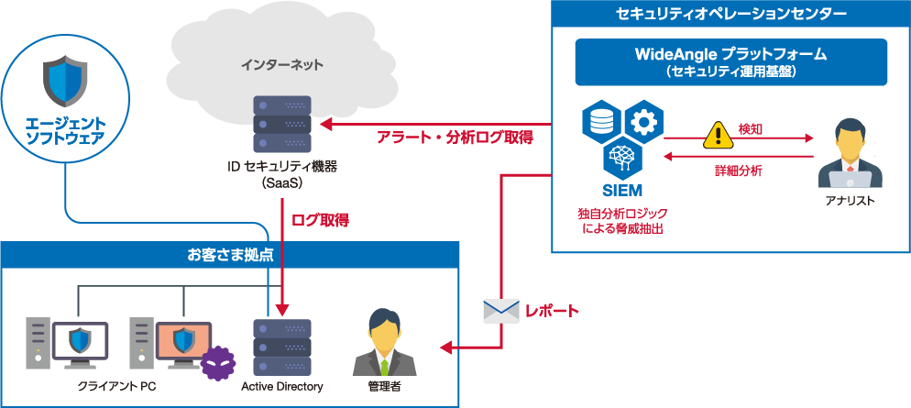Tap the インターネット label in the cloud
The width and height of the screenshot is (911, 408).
click(x=281, y=65)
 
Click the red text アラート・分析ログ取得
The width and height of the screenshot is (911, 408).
click(x=455, y=138)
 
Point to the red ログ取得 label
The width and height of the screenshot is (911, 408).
click(x=319, y=220)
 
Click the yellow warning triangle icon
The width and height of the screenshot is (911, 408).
click(x=716, y=136)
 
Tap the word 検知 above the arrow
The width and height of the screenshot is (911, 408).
click(x=751, y=129)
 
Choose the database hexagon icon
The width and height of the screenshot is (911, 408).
click(x=601, y=121)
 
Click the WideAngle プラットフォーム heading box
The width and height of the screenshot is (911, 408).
click(x=730, y=61)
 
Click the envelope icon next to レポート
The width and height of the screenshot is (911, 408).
click(x=500, y=311)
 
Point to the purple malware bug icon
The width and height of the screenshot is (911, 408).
click(x=219, y=365)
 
